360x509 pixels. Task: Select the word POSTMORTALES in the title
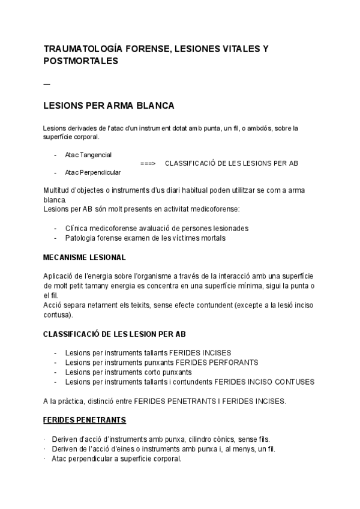[x=81, y=61]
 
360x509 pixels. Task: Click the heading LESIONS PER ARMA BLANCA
[x=109, y=106]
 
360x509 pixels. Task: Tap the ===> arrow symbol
[x=148, y=163]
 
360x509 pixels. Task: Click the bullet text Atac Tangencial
[x=88, y=155]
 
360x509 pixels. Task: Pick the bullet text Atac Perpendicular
[x=92, y=173]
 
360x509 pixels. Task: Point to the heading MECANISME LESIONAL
[x=85, y=258]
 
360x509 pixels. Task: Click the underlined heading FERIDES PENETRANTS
[x=85, y=420]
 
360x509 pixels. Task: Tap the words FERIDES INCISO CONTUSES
[x=264, y=382]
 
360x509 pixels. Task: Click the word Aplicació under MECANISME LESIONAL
[x=60, y=275]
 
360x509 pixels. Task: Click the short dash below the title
[x=47, y=83]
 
